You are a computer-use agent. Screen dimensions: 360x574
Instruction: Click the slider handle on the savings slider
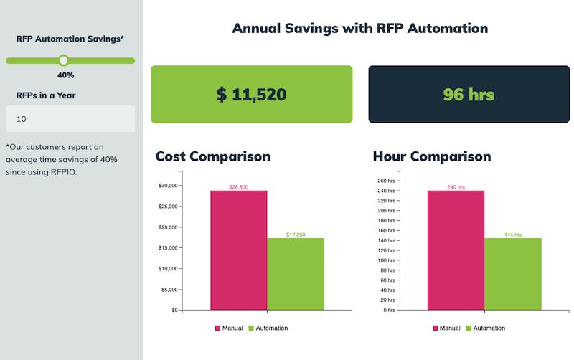point(63,60)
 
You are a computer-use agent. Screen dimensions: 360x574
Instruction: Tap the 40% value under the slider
point(66,75)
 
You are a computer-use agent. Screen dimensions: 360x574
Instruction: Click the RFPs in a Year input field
point(70,119)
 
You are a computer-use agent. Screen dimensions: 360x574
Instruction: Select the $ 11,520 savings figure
point(251,94)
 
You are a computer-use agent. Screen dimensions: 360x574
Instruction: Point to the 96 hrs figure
point(469,94)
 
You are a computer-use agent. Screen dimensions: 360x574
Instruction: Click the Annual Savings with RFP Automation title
point(359,29)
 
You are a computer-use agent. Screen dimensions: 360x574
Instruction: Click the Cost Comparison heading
point(213,156)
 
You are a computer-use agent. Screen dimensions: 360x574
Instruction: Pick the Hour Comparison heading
point(432,156)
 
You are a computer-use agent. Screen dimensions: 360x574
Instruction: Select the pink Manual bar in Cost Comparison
point(238,250)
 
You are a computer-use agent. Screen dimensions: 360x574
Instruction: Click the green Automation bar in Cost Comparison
point(296,274)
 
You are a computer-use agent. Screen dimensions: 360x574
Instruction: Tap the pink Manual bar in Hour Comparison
point(456,250)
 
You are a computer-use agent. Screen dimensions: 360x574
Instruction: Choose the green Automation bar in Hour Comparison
point(512,274)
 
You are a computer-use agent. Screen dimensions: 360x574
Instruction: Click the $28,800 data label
point(238,187)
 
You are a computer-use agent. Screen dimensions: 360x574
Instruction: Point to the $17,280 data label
point(296,235)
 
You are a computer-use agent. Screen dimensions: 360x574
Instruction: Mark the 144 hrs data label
point(512,235)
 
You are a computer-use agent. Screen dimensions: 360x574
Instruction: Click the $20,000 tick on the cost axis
point(167,227)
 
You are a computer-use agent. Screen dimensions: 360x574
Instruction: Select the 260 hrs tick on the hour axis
point(386,181)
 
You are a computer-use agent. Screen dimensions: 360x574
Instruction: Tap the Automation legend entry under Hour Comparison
point(486,328)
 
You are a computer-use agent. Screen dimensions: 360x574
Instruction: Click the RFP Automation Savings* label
point(70,39)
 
